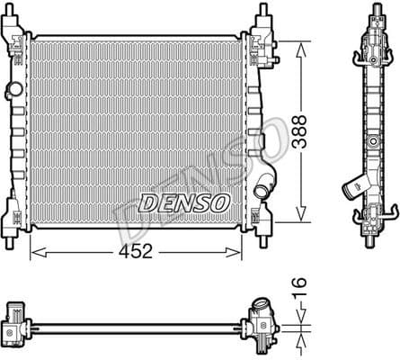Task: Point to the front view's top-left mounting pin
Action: [x=17, y=13]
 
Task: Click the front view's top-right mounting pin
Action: [x=263, y=13]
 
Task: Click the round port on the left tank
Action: [x=12, y=90]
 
